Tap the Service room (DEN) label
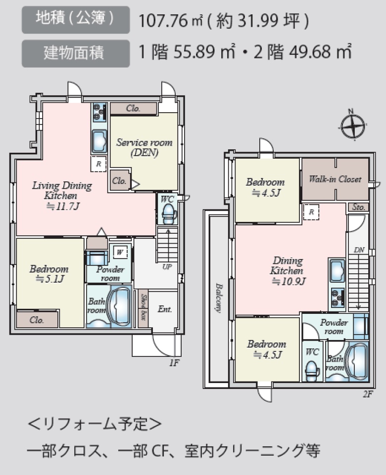pyautogui.click(x=145, y=147)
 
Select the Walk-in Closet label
pyautogui.click(x=335, y=179)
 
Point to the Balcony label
pyautogui.click(x=219, y=298)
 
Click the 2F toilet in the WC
pyautogui.click(x=312, y=371)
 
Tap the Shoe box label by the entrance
pyautogui.click(x=144, y=307)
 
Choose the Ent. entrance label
pyautogui.click(x=165, y=309)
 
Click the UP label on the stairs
pyautogui.click(x=167, y=266)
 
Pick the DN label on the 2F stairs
pyautogui.click(x=359, y=250)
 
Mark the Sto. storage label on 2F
pyautogui.click(x=358, y=207)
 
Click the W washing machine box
pyautogui.click(x=120, y=252)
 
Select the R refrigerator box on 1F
pyautogui.click(x=98, y=164)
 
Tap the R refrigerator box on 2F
pyautogui.click(x=311, y=212)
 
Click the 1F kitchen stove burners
pyautogui.click(x=99, y=112)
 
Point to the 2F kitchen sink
pyautogui.click(x=337, y=270)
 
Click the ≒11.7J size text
pyautogui.click(x=63, y=206)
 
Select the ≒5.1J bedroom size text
pyautogui.click(x=49, y=279)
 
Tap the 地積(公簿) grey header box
pyautogui.click(x=76, y=20)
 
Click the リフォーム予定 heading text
pyautogui.click(x=95, y=424)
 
